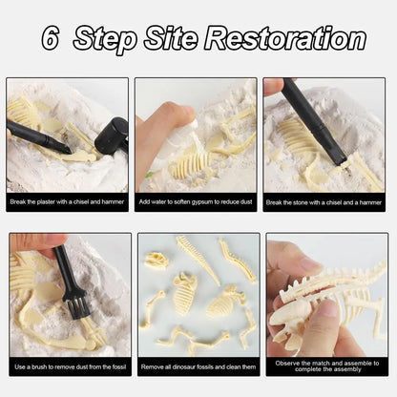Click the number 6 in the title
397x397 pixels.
coord(50,38)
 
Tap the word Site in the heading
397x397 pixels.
coord(171,38)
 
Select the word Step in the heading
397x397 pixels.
coord(105,39)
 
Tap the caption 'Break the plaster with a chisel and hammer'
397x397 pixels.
coord(67,201)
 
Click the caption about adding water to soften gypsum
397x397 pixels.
coord(196,201)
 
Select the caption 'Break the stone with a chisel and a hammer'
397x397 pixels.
coord(324,202)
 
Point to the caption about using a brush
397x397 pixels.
coord(71,366)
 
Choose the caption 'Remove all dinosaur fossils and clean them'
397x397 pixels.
coord(198,366)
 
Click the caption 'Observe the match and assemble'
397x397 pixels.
coord(327,366)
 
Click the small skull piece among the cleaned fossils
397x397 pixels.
coord(157,260)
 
